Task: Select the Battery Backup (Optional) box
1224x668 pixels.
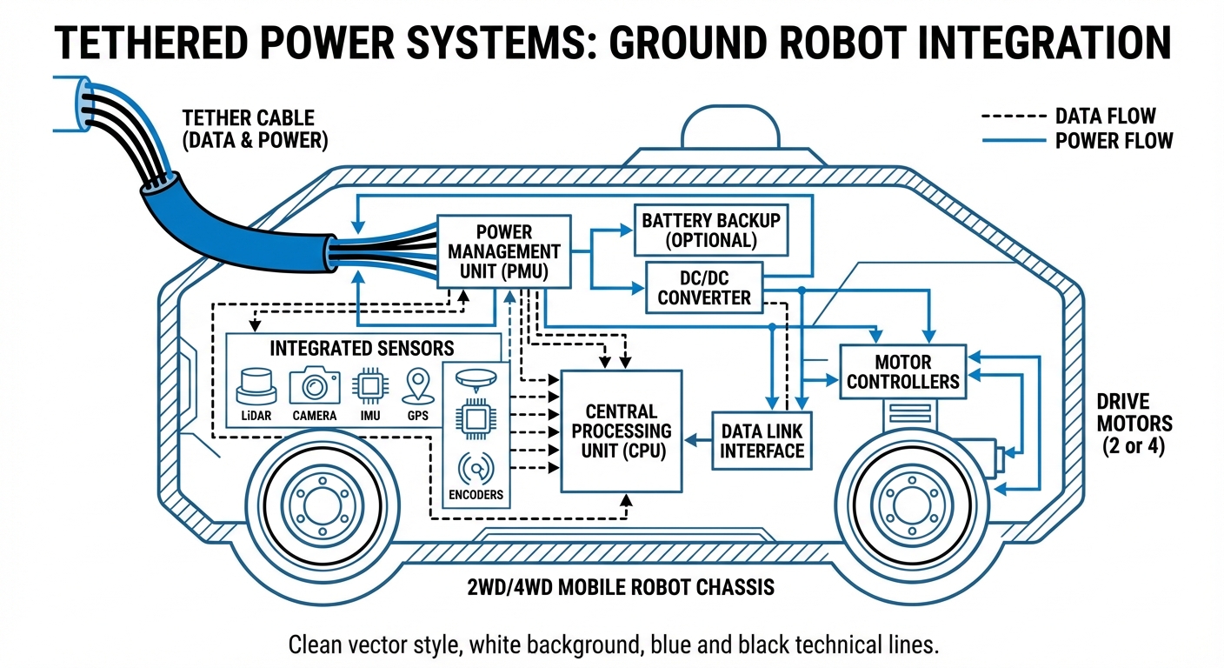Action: tap(711, 230)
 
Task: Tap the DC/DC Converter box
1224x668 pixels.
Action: tap(703, 286)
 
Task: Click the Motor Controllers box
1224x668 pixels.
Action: tap(902, 371)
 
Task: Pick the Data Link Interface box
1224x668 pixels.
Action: tap(762, 440)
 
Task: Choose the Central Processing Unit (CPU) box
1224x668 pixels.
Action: tap(621, 431)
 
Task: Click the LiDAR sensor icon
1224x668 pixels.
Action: tap(255, 384)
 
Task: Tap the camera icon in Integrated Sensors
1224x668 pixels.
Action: tap(314, 384)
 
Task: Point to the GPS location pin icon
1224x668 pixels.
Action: tap(417, 384)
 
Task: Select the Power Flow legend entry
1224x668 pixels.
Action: tap(1078, 140)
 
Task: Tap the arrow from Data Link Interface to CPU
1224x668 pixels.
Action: tap(697, 441)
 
